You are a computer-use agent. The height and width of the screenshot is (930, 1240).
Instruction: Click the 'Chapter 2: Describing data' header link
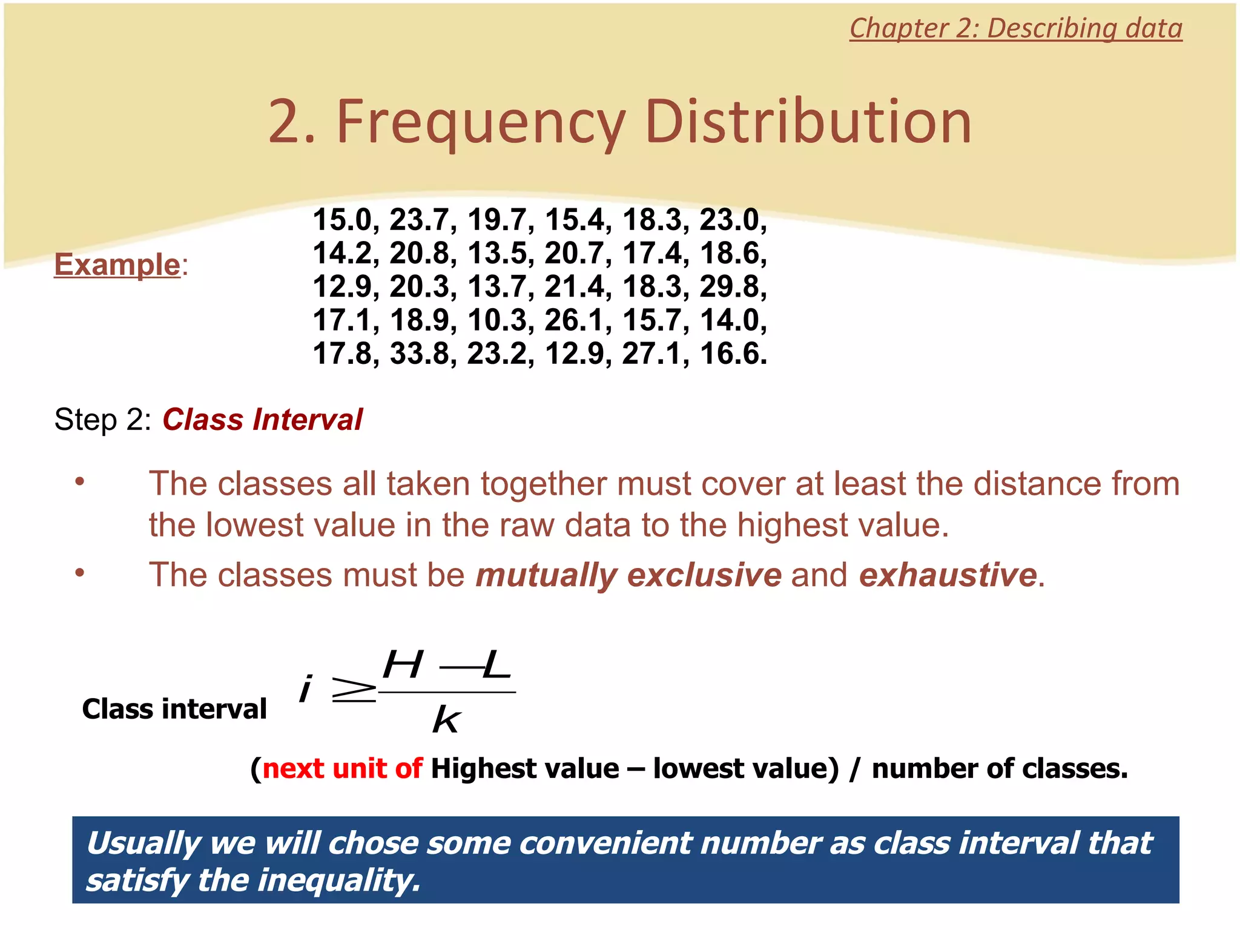click(x=1015, y=28)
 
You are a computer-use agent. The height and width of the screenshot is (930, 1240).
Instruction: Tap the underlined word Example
click(x=117, y=265)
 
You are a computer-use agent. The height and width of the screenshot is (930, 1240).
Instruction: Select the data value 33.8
click(x=422, y=354)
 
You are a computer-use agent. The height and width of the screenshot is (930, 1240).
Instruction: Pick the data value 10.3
click(x=500, y=320)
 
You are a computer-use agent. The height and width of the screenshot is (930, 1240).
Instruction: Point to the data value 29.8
click(x=733, y=286)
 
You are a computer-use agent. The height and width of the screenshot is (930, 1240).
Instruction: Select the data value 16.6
click(x=733, y=354)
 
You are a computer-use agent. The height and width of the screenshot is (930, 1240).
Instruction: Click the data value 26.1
click(x=578, y=320)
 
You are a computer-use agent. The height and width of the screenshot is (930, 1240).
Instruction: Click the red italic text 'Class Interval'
click(x=262, y=420)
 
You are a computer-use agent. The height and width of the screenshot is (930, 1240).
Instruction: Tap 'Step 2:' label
click(x=102, y=420)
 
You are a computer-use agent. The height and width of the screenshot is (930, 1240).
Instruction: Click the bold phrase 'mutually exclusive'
click(x=628, y=575)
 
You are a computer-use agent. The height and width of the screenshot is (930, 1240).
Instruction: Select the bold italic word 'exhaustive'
click(x=948, y=575)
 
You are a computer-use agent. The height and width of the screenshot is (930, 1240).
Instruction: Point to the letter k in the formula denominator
click(x=447, y=721)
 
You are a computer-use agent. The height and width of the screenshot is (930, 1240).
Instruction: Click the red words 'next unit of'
click(x=342, y=768)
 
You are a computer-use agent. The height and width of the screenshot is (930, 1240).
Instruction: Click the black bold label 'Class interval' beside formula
click(x=174, y=709)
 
